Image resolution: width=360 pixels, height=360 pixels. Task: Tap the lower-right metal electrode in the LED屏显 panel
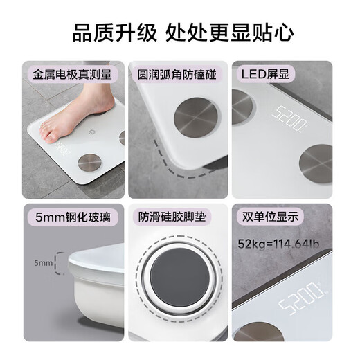pyautogui.click(x=316, y=163)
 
